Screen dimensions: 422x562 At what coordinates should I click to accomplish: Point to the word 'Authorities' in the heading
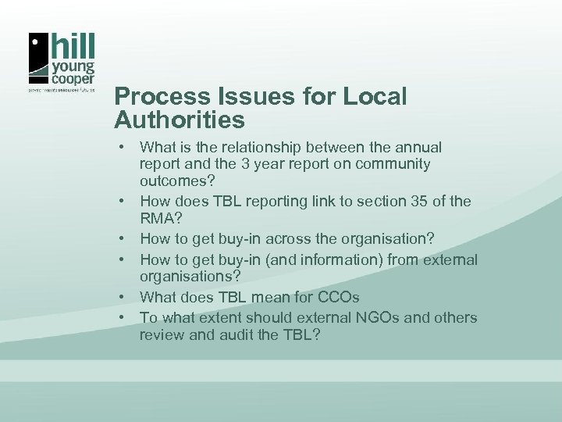click(180, 120)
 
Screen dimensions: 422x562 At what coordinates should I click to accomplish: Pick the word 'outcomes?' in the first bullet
click(173, 181)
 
